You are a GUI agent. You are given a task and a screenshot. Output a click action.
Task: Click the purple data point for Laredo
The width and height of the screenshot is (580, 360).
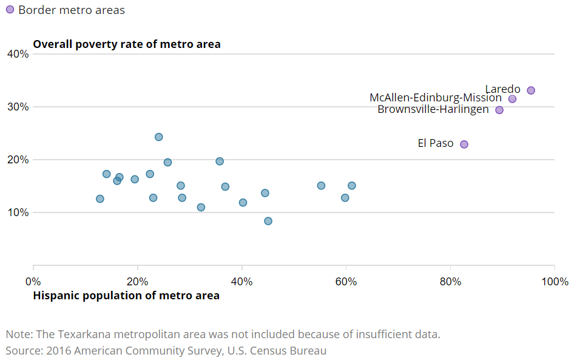pos(531,90)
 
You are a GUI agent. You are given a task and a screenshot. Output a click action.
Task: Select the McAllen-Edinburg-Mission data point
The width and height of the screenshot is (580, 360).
pos(512,99)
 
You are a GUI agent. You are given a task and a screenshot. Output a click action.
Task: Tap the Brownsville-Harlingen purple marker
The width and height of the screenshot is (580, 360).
pos(499,110)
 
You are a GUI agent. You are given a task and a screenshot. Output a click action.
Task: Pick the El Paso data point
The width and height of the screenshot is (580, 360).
pos(464,144)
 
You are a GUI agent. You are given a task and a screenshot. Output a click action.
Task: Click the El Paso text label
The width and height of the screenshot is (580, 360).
pos(436,144)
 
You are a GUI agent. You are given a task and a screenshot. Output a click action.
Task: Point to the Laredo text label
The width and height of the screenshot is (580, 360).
pos(502,89)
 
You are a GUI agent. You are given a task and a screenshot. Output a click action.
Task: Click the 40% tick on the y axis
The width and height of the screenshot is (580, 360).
pos(18,54)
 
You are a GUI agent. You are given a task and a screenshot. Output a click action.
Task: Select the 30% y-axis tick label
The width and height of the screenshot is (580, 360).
pos(18,107)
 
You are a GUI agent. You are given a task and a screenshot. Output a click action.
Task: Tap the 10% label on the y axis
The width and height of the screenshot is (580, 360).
pos(18,212)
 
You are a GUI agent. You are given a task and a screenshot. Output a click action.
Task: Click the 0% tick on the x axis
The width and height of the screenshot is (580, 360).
pos(33,282)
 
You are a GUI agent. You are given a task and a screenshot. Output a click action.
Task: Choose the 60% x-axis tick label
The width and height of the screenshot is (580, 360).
pos(346,282)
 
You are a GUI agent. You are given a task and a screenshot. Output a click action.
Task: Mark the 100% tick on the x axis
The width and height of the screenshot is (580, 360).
pos(555,282)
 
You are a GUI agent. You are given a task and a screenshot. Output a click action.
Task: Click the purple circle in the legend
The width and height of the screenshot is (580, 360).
pos(10,10)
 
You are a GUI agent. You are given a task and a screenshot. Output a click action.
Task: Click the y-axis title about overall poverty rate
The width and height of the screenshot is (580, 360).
pos(127,44)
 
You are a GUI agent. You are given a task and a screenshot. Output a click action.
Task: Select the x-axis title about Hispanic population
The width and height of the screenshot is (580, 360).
pos(126,296)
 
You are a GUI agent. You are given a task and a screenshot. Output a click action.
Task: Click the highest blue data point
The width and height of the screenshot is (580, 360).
pos(159,137)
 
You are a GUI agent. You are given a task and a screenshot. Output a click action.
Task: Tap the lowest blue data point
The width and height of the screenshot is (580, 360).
pos(268,221)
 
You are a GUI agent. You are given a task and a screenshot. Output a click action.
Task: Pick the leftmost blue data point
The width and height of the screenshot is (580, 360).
pos(100,199)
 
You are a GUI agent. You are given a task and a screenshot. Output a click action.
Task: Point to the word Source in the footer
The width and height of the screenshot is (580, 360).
pos(21,351)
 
